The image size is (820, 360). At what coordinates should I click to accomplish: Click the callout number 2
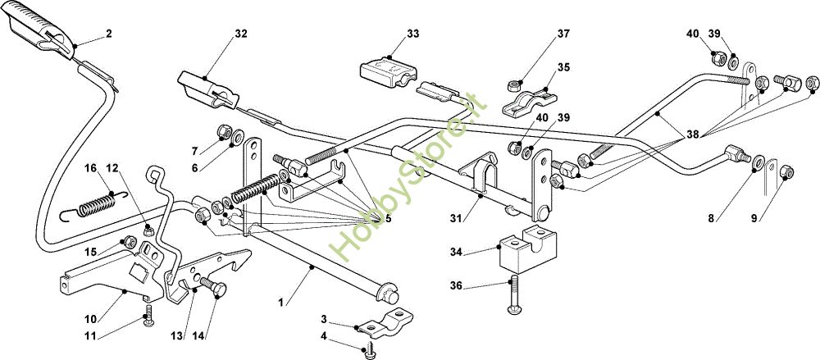point(109,34)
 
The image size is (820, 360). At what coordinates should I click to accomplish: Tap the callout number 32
point(240,34)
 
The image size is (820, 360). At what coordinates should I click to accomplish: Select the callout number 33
point(413,34)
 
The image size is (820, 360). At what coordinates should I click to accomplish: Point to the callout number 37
point(563,34)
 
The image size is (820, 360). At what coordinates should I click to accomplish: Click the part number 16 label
point(90,168)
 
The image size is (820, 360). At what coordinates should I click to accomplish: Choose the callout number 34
point(455,253)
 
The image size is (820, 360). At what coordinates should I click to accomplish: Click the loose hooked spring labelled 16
point(94,203)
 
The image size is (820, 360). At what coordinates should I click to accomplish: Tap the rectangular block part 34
point(526,248)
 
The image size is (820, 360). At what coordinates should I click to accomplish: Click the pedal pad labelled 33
point(388,69)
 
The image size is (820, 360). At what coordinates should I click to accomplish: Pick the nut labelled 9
point(786,171)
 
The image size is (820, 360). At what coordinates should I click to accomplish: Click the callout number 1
point(280,302)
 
